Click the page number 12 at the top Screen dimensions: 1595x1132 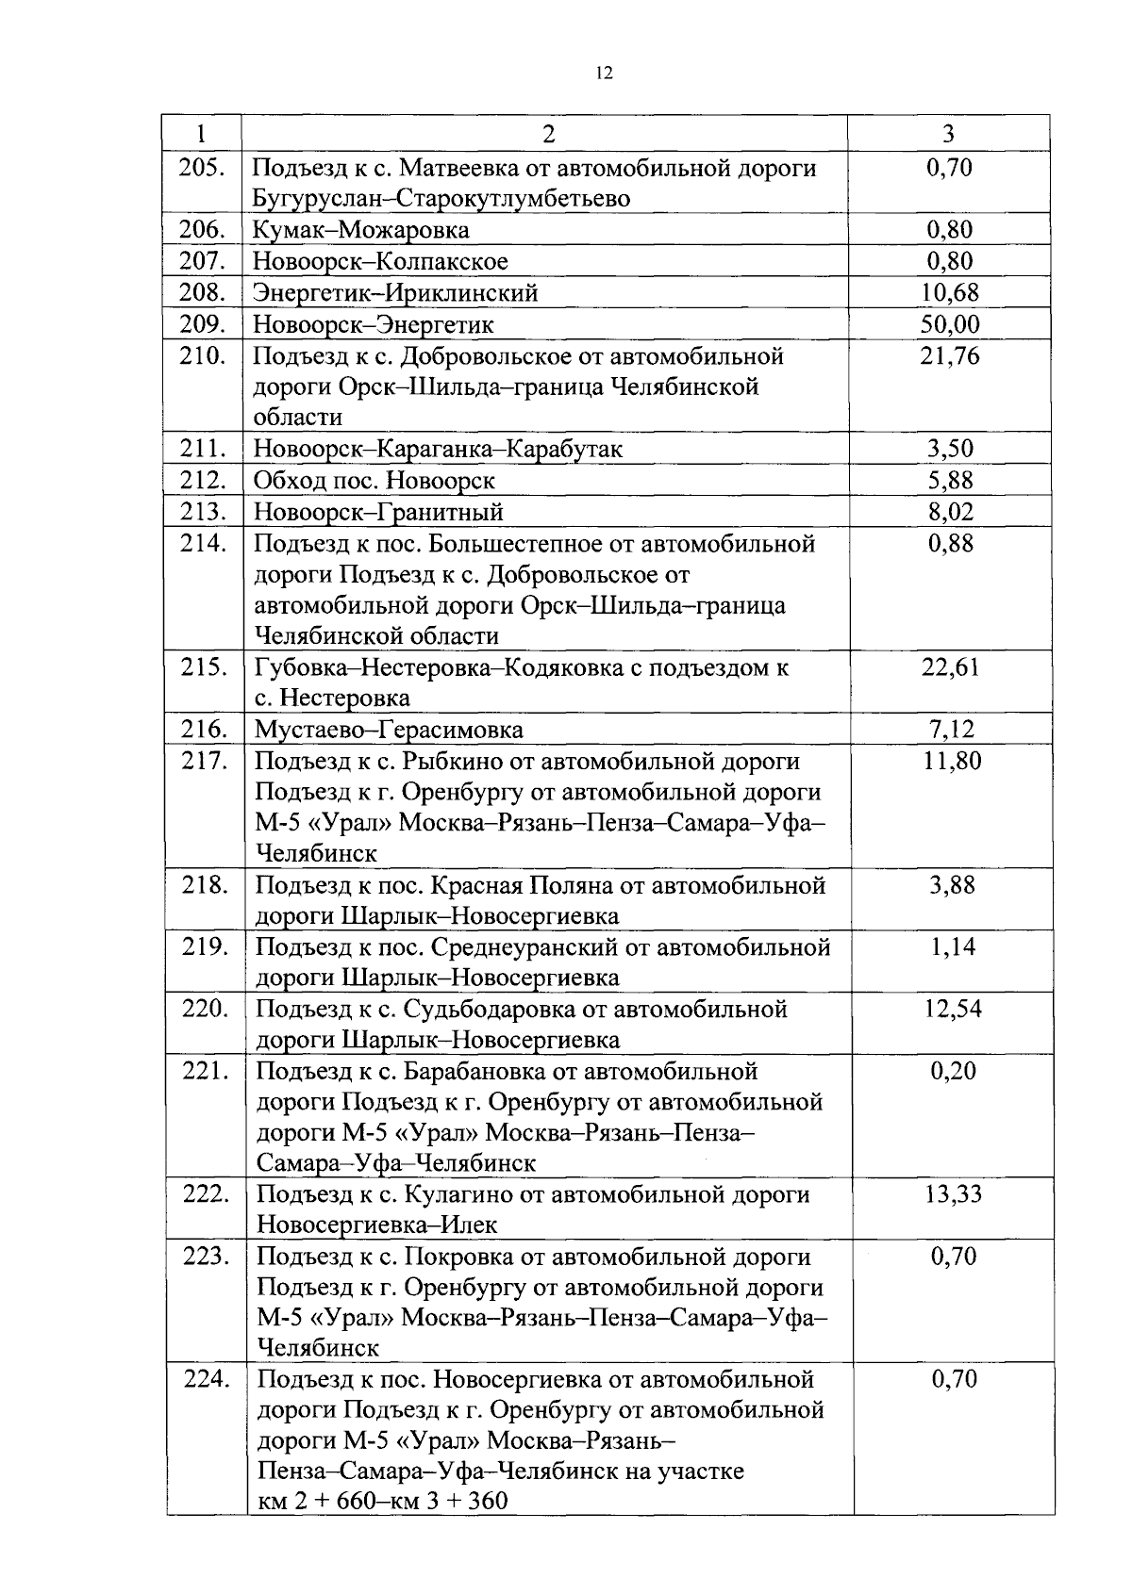click(605, 74)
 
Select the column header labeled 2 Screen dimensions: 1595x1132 click(548, 134)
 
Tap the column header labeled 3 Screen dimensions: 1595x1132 click(949, 134)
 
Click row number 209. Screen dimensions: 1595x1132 click(202, 324)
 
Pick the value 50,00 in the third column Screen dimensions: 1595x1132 click(950, 324)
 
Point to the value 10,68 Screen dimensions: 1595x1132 click(950, 293)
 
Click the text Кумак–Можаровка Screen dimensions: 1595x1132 click(360, 230)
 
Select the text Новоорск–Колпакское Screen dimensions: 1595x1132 click(380, 261)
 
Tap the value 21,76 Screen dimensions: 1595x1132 click(950, 356)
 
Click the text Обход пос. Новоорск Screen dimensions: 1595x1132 click(375, 481)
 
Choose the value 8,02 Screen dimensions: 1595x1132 click(950, 512)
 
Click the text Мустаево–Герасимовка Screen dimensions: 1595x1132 click(389, 730)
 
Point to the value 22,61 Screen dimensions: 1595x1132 click(950, 667)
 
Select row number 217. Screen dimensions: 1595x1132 click(205, 761)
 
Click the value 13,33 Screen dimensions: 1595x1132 click(953, 1194)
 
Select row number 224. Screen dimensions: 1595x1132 click(206, 1379)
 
